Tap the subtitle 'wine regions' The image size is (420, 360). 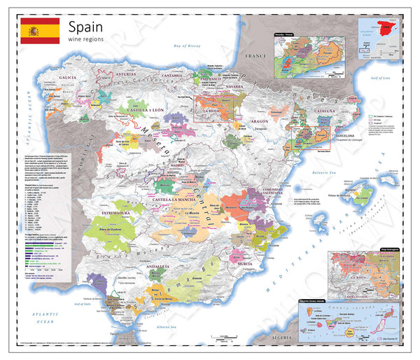[88, 41]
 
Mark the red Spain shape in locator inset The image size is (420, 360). [386, 30]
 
